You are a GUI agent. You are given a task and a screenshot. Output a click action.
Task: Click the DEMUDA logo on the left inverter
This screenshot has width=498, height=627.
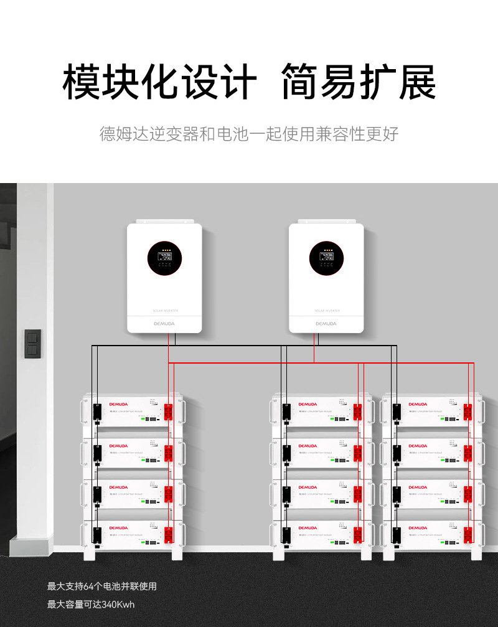164,323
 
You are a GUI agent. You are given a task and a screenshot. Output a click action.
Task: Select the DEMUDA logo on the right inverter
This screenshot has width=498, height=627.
326,323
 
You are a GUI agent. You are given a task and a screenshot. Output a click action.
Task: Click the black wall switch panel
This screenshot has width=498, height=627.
32,343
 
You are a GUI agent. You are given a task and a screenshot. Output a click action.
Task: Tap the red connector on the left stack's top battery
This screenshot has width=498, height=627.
167,412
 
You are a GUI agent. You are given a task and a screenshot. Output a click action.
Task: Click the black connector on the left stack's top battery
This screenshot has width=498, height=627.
97,412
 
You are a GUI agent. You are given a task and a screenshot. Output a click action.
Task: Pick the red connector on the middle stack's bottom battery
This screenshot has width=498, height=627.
358,535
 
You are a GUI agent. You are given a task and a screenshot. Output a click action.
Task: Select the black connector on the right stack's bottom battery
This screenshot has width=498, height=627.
397,535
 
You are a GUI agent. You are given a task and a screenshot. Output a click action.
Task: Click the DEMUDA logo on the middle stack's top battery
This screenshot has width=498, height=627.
308,405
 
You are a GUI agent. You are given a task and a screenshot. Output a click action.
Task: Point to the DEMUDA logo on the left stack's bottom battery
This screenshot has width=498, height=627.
118,528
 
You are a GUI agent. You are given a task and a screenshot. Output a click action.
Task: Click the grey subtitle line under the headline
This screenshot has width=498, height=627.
249,133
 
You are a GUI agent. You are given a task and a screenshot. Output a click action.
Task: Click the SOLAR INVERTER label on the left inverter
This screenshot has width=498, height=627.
164,309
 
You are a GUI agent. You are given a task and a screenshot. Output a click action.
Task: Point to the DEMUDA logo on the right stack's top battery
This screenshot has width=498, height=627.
418,405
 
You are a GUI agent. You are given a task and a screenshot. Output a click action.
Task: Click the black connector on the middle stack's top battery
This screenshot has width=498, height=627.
285,412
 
